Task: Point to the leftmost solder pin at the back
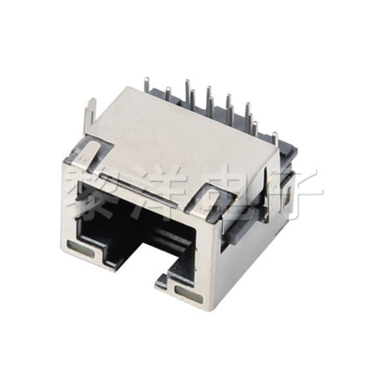147,85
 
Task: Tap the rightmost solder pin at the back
275,138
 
